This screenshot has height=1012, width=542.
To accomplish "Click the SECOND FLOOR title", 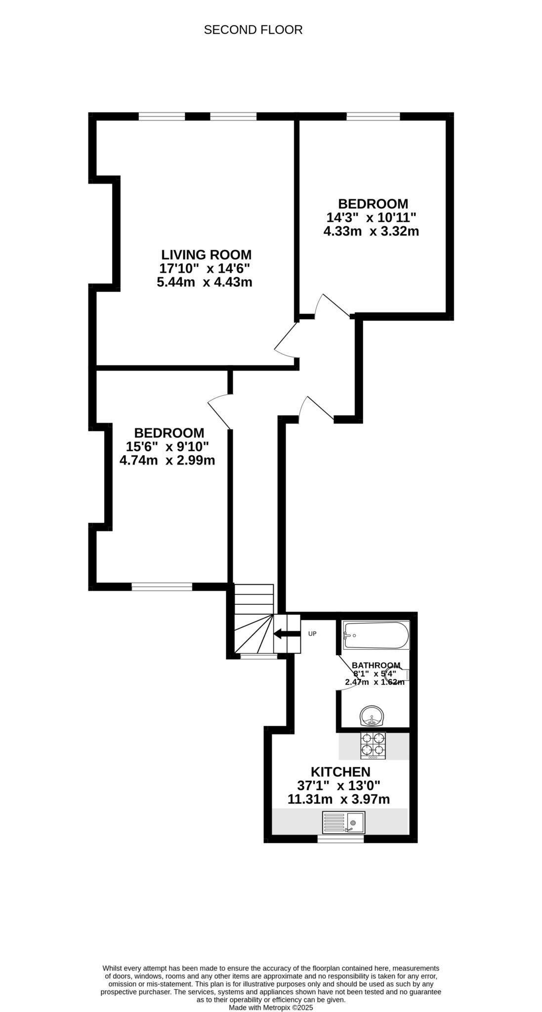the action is pyautogui.click(x=253, y=30).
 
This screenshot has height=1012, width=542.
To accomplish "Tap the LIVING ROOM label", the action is pyautogui.click(x=206, y=255).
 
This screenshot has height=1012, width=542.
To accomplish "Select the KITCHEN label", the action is pyautogui.click(x=340, y=771).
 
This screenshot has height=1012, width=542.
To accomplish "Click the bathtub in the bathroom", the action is pyautogui.click(x=376, y=635).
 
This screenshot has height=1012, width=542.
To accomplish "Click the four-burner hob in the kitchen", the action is pyautogui.click(x=373, y=746).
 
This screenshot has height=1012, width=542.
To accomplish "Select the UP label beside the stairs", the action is pyautogui.click(x=312, y=633).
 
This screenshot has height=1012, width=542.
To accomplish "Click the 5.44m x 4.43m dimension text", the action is pyautogui.click(x=205, y=283).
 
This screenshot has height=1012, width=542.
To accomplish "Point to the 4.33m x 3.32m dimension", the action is pyautogui.click(x=371, y=231).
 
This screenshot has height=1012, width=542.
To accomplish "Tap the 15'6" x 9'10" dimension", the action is pyautogui.click(x=167, y=447).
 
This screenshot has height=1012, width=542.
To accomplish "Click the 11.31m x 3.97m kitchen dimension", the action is pyautogui.click(x=338, y=799).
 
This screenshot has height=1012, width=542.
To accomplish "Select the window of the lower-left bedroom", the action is pyautogui.click(x=162, y=587).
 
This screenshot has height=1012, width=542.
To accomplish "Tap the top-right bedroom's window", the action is pyautogui.click(x=374, y=117).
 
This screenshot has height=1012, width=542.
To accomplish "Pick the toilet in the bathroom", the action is pyautogui.click(x=400, y=674).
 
